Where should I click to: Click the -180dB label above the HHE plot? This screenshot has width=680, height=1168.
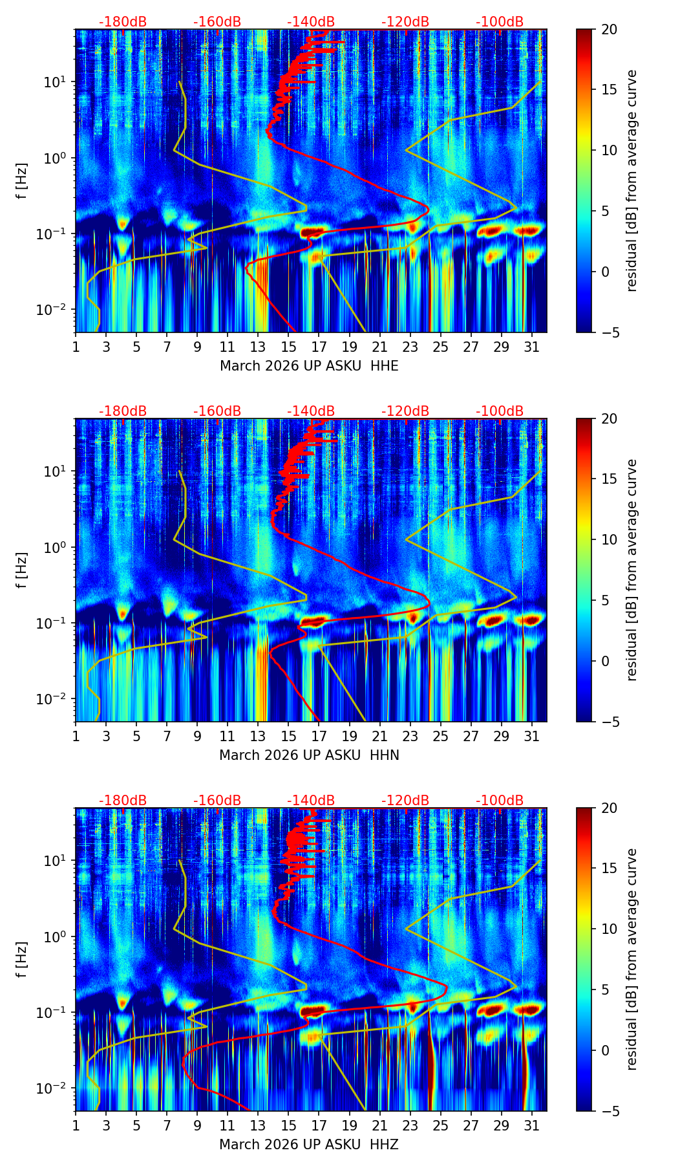tap(123, 22)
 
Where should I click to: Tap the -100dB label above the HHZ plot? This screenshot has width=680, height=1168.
tap(500, 801)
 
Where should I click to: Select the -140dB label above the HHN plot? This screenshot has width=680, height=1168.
tap(311, 411)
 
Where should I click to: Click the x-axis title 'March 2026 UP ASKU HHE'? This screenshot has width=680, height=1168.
tap(309, 366)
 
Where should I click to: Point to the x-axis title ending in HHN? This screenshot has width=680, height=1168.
tap(309, 755)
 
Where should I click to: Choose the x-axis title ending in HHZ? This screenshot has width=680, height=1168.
tap(308, 1145)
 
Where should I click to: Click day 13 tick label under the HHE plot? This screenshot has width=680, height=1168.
tap(258, 347)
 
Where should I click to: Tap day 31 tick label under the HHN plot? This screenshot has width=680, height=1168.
tap(532, 736)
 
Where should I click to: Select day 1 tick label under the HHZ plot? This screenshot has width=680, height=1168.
tap(76, 1125)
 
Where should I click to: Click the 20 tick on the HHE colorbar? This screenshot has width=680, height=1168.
tap(609, 29)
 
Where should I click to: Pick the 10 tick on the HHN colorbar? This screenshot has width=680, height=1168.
tap(609, 539)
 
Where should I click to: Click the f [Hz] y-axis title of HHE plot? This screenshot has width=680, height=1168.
tap(22, 181)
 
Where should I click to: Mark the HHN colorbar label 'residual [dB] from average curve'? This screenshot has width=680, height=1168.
tap(632, 570)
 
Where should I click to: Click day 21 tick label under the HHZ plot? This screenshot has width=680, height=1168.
tap(379, 1125)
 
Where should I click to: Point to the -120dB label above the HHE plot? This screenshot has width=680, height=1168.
tap(405, 22)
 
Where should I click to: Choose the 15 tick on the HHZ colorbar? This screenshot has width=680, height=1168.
tap(609, 868)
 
